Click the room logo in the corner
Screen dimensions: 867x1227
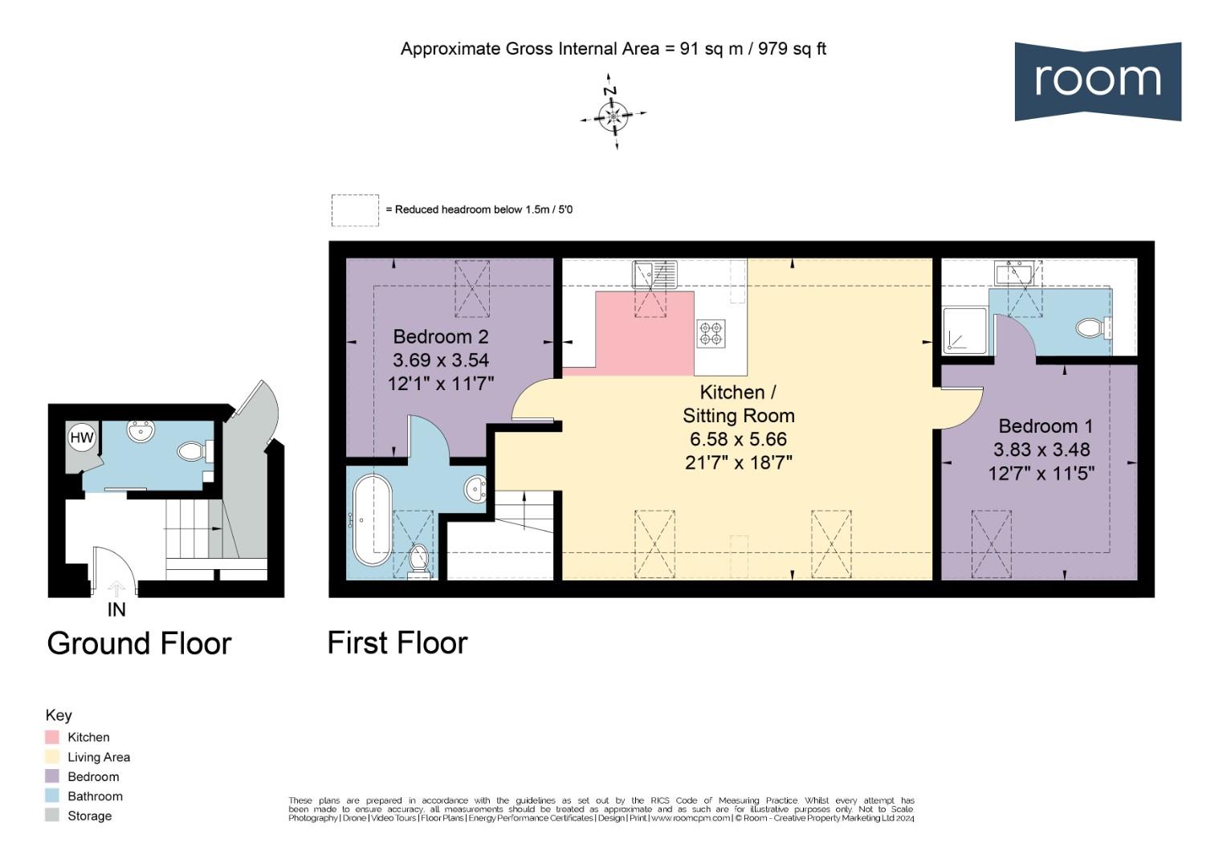1097,81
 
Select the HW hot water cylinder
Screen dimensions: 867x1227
82,438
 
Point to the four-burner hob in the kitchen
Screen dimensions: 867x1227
711,333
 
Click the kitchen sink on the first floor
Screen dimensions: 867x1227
654,274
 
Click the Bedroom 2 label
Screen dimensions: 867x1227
440,336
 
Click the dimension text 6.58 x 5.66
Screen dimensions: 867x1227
738,439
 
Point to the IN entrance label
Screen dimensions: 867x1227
116,610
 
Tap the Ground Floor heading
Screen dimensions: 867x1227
139,644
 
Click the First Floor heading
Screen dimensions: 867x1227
397,643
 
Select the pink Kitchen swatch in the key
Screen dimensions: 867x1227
52,737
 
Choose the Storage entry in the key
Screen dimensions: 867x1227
89,816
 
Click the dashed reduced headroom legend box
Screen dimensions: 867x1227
355,210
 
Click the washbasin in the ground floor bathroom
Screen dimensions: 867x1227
141,433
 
